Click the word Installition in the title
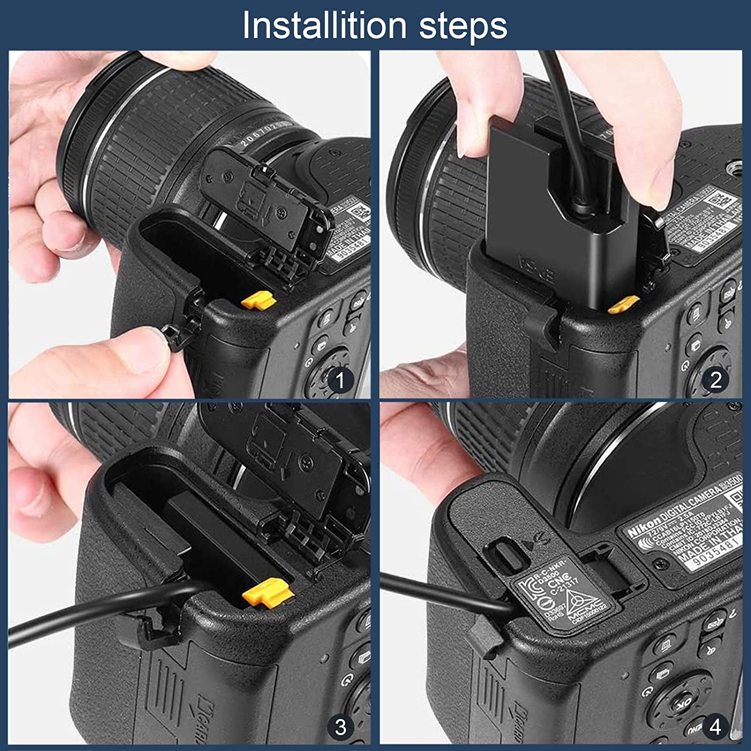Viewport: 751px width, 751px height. [324, 26]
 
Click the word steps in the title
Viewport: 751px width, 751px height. [463, 26]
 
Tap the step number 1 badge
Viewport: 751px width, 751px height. [340, 380]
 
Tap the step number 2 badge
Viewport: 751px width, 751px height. [715, 380]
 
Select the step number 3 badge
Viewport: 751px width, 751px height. [340, 726]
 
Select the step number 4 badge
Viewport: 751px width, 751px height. [715, 726]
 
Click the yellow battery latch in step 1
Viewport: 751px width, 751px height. [258, 300]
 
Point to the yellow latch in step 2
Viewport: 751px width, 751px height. [622, 304]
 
